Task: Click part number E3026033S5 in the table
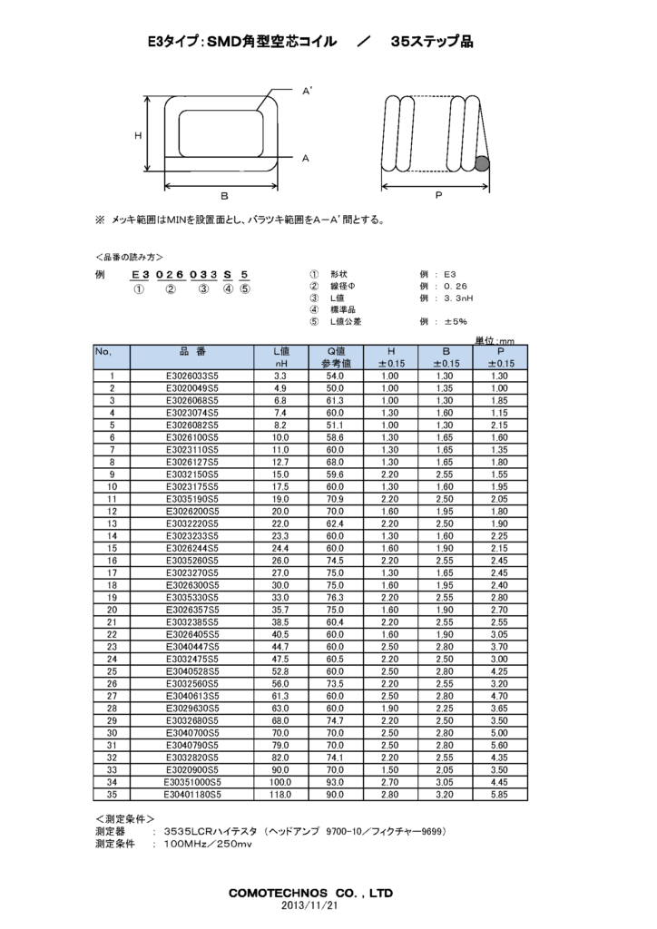click(192, 376)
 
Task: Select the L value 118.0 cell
click(280, 795)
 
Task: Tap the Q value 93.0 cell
click(335, 782)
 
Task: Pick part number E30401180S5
click(192, 795)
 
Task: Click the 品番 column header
click(192, 352)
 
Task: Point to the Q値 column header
click(336, 351)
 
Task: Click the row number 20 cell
click(112, 610)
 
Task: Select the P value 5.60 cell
click(499, 746)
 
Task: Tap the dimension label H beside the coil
click(138, 136)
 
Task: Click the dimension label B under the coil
click(224, 196)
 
